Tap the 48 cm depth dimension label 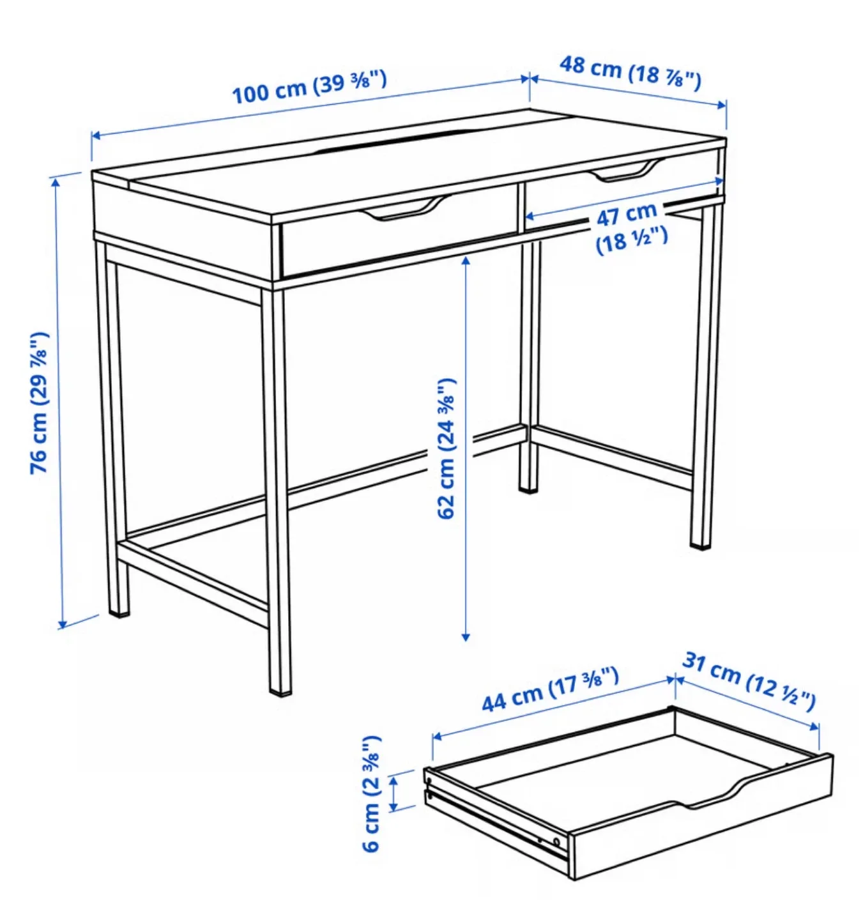click(x=630, y=72)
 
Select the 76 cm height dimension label click(x=39, y=402)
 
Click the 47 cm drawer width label click(x=630, y=227)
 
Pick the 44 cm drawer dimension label click(x=549, y=689)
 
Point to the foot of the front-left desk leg click(x=119, y=610)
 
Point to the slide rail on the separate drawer click(x=492, y=820)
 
